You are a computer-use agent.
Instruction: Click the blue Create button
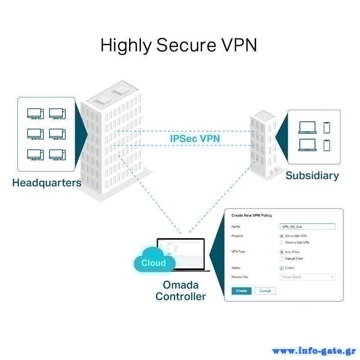click(242, 291)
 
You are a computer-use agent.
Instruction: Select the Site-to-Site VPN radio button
click(282, 236)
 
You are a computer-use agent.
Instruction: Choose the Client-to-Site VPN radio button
click(282, 243)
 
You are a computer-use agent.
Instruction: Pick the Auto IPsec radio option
click(282, 252)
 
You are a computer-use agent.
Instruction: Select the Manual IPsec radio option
click(282, 259)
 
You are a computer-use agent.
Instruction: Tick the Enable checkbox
click(282, 268)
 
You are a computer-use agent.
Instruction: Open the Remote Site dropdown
click(307, 277)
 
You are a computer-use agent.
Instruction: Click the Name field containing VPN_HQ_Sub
click(307, 227)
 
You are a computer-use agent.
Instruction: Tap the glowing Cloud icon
click(154, 263)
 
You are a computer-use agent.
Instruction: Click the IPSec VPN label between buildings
click(195, 138)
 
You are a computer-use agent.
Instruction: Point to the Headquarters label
click(47, 183)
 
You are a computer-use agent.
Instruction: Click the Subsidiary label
click(312, 175)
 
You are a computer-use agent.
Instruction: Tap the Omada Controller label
click(180, 291)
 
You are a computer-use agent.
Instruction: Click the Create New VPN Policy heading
click(252, 216)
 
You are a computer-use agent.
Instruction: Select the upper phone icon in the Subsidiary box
click(327, 127)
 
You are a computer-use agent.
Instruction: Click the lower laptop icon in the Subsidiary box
click(307, 145)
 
